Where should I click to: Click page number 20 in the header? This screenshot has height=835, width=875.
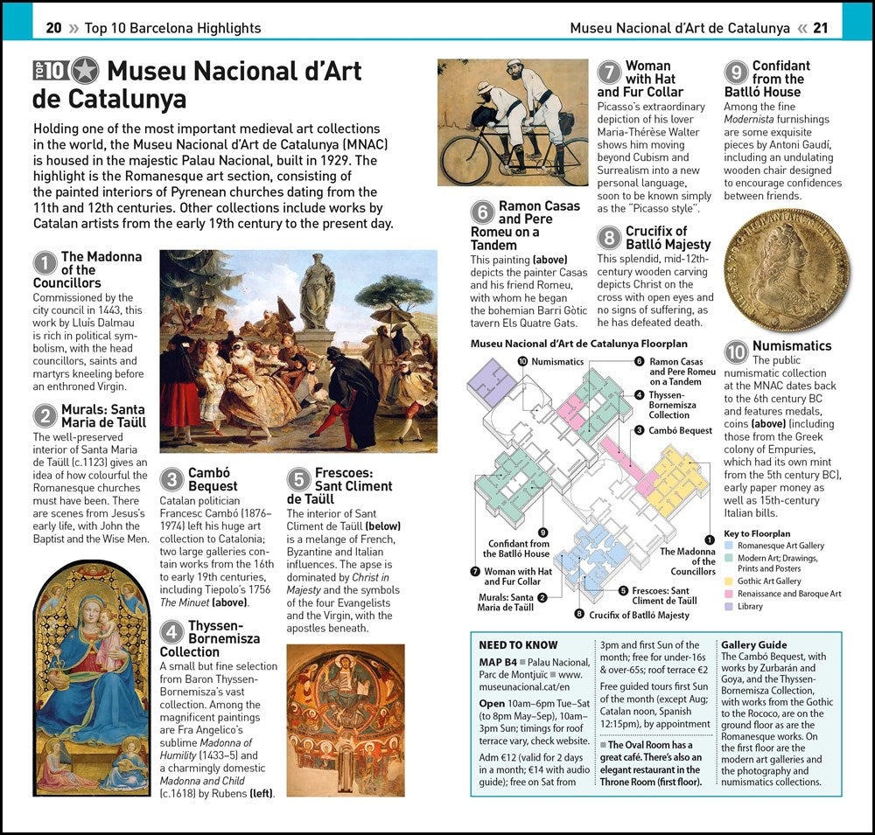[x=53, y=28]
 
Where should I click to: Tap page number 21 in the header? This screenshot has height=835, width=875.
[x=820, y=28]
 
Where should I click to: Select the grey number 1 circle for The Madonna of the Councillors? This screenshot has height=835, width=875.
[x=45, y=263]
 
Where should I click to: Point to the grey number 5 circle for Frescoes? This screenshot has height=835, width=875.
[x=299, y=479]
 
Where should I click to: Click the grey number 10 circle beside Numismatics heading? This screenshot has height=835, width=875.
[x=737, y=351]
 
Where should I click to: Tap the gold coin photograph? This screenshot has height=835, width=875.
[x=787, y=269]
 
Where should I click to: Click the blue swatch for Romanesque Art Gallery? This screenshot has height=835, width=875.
[x=729, y=546]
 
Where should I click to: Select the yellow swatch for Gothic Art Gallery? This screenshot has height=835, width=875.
[x=729, y=581]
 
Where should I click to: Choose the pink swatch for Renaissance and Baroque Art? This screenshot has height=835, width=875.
[x=729, y=594]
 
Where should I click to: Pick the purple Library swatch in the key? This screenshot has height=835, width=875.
[x=729, y=606]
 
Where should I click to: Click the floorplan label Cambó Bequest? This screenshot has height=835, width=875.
[x=680, y=430]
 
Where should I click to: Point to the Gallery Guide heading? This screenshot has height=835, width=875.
[x=753, y=644]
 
